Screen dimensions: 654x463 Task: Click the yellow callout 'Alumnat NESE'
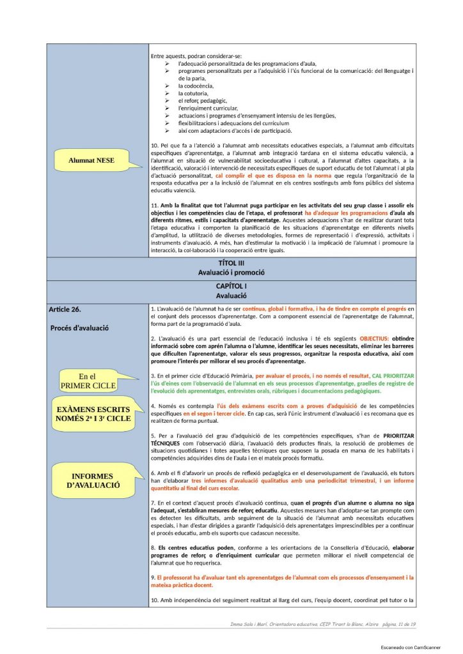91,161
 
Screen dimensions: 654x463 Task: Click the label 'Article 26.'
65,310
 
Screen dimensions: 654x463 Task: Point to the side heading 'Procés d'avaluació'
79,328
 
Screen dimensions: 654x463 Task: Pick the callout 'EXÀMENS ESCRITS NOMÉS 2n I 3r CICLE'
93,413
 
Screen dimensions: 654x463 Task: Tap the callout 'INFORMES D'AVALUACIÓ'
93,481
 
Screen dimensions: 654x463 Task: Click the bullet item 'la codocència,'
196,86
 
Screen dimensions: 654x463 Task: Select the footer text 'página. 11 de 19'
398,623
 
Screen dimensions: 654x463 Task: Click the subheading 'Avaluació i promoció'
231,272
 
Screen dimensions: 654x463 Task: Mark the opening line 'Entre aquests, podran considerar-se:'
196,55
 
